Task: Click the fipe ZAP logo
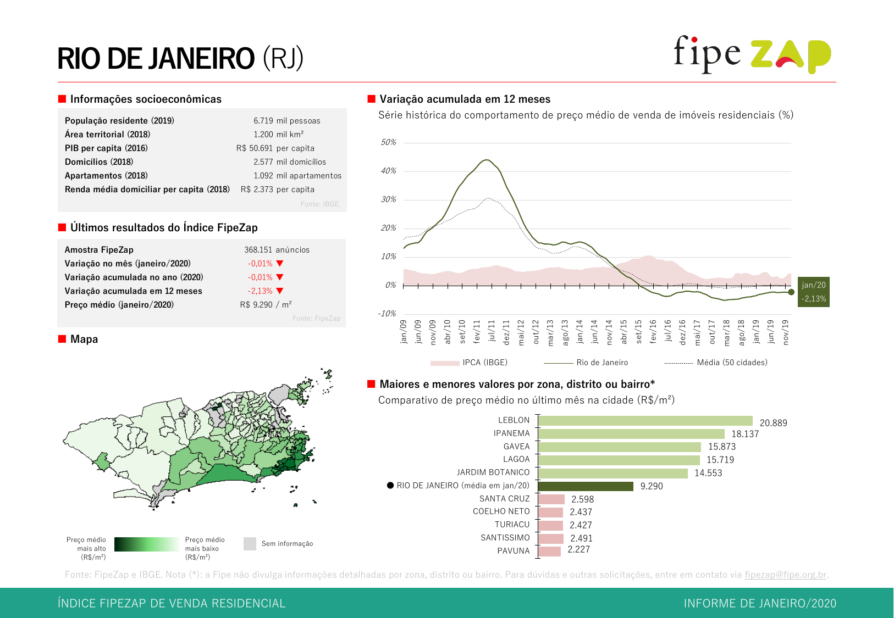tap(752, 54)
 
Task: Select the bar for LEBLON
tap(645, 421)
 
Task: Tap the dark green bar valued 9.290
tap(586, 486)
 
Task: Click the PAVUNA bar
tap(549, 551)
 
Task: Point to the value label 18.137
tap(745, 434)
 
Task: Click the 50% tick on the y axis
tap(389, 142)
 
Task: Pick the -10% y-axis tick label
tap(387, 314)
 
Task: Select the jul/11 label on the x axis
tap(492, 332)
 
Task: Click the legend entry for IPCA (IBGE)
tap(469, 363)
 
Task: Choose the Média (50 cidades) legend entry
tap(716, 363)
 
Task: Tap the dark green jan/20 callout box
tap(813, 292)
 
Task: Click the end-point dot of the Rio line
tap(791, 292)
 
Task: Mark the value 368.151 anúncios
tap(277, 250)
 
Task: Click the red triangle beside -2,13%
tap(280, 291)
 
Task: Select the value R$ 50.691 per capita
tap(275, 148)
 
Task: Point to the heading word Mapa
tap(84, 339)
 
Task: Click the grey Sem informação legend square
tap(250, 544)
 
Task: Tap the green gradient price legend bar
tap(146, 544)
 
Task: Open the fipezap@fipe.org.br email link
tap(785, 575)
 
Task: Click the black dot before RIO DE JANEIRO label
tap(390, 486)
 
